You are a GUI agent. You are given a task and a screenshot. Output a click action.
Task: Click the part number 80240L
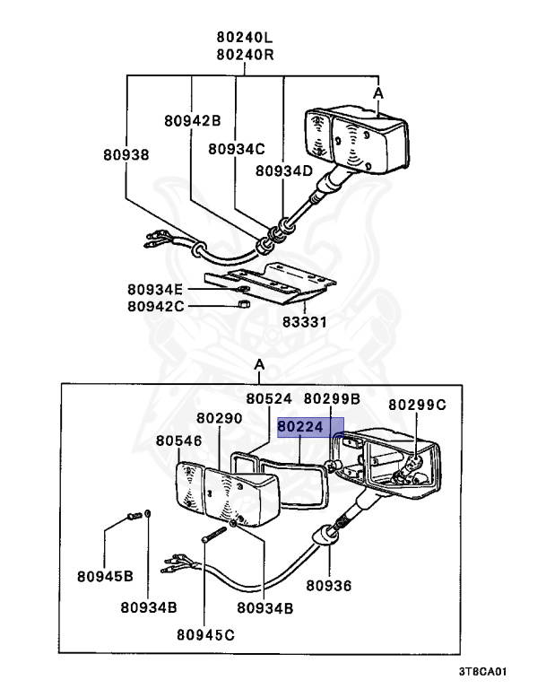click(244, 38)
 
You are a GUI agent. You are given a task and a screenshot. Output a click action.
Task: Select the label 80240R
click(244, 54)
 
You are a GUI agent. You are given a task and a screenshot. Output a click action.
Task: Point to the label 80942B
click(192, 118)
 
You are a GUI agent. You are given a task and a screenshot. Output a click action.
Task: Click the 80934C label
click(237, 150)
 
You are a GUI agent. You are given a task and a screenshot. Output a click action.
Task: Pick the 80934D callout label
click(283, 170)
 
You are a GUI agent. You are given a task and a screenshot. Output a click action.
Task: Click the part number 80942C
click(154, 306)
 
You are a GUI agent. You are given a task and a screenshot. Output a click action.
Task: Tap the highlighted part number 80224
click(306, 428)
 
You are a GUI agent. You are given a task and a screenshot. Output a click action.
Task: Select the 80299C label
click(416, 405)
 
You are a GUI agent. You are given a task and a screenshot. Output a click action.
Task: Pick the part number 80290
click(220, 418)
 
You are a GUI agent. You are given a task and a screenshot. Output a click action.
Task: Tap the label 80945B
click(105, 575)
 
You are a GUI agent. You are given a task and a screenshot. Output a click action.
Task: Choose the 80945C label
click(205, 635)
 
